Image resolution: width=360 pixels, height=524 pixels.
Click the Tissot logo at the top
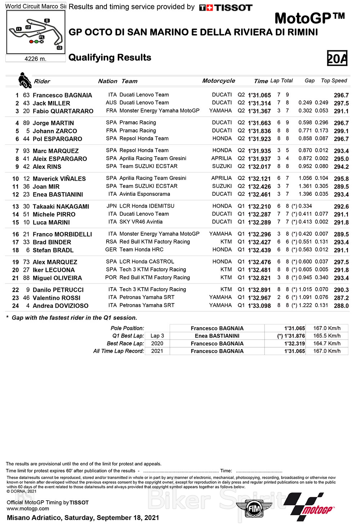[x=226, y=8]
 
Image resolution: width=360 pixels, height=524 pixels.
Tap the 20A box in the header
[x=337, y=58]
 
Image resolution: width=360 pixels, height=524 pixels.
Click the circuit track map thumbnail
[x=36, y=32]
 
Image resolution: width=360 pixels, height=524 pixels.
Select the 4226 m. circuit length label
[x=35, y=59]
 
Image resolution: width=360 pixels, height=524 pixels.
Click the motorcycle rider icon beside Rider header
[x=24, y=80]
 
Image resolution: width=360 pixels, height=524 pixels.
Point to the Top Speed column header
[x=334, y=81]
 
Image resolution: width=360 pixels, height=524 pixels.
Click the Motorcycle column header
[x=219, y=81]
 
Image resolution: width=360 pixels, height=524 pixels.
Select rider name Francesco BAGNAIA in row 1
[x=62, y=95]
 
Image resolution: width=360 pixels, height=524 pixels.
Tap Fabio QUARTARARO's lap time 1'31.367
[x=259, y=111]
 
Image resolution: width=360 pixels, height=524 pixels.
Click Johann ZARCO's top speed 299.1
[x=341, y=131]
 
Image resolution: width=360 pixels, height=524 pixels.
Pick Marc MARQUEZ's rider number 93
[x=26, y=151]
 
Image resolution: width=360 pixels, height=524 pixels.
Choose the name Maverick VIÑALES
[x=59, y=179]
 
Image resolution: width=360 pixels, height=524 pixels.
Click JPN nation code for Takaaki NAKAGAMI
[x=112, y=206]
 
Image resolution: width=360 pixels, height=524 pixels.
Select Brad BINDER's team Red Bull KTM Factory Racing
[x=154, y=242]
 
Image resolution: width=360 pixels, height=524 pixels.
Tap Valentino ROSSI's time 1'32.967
[x=259, y=298]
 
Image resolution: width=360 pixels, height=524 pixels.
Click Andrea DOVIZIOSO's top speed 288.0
[x=341, y=306]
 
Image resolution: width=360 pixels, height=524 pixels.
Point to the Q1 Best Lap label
[x=128, y=336]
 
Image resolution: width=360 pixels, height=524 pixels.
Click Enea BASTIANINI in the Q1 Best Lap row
[x=217, y=336]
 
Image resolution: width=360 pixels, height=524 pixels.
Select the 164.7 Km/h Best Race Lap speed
[x=327, y=343]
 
